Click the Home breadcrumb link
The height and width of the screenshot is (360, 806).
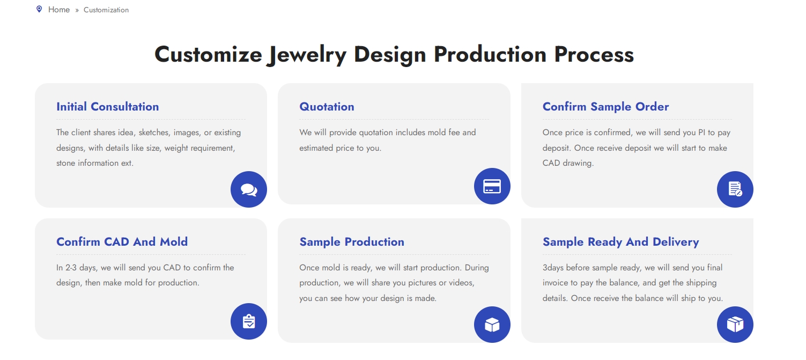[x=59, y=10]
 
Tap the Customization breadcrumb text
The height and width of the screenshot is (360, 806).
[x=106, y=10]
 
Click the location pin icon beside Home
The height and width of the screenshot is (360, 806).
[x=39, y=9]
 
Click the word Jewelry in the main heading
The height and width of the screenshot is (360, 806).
[x=307, y=55]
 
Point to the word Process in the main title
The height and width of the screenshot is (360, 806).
[x=594, y=54]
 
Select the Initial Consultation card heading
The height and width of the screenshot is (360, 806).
[x=108, y=107]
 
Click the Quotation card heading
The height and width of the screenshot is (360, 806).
[x=327, y=107]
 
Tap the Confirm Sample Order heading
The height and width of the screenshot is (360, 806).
[x=605, y=107]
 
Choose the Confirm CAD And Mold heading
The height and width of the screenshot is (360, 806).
[x=122, y=241]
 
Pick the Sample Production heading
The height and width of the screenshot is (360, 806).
[x=352, y=241]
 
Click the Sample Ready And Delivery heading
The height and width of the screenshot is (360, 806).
[x=620, y=242]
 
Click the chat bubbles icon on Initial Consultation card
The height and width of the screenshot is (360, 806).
[x=249, y=189]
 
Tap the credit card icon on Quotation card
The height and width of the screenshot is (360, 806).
[x=492, y=186]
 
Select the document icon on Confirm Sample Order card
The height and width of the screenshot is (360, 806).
[x=735, y=189]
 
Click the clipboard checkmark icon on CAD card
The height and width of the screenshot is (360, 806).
[x=249, y=321]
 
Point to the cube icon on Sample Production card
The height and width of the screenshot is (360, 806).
[x=492, y=325]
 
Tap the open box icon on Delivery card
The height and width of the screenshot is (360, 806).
[x=735, y=325]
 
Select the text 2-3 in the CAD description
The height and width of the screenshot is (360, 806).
[x=71, y=268]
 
